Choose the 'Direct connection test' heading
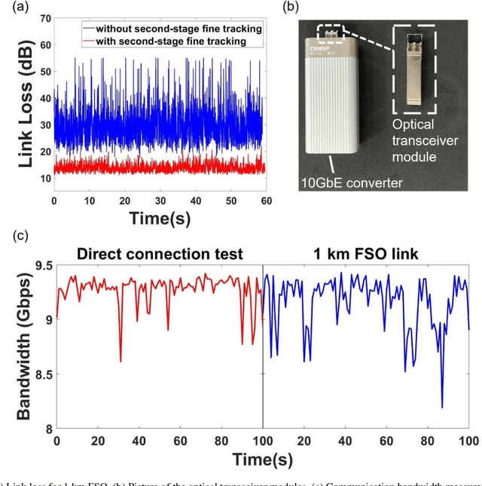coord(159,254)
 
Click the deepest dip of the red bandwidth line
coord(120,361)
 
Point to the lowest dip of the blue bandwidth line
coord(442,408)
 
